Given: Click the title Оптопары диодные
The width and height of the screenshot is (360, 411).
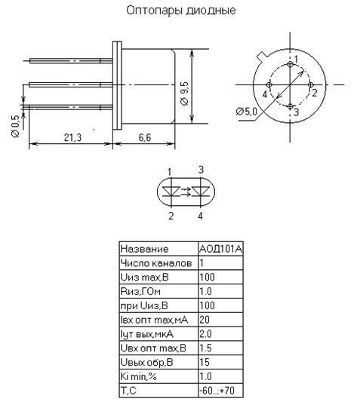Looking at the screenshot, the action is (181, 11).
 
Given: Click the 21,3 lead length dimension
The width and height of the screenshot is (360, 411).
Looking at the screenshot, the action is (72, 137).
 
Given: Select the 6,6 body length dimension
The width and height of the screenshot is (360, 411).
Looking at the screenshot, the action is (145, 137).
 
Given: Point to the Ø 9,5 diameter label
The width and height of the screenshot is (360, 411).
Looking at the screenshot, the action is (184, 94).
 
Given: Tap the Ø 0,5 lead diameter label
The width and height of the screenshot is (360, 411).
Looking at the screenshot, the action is (16, 126).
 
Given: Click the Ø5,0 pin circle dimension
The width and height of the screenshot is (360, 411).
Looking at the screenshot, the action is (246, 112).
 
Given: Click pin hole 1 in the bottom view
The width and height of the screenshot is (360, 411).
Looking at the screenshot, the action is (290, 64).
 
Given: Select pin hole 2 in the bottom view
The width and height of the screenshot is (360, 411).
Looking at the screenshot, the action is (311, 85).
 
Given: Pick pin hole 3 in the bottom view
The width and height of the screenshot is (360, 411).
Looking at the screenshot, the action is (290, 106).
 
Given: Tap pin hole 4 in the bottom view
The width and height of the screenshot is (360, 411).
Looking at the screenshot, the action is (269, 85).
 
